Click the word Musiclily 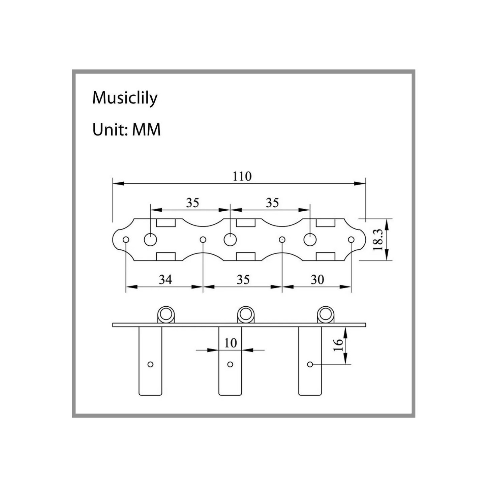click(x=125, y=98)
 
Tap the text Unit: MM click(x=126, y=130)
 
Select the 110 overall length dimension click(x=242, y=176)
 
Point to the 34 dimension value click(x=165, y=279)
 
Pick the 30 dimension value click(x=317, y=279)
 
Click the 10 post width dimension click(x=231, y=343)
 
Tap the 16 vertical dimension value click(x=339, y=345)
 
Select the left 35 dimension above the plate click(x=192, y=203)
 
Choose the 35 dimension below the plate click(x=243, y=279)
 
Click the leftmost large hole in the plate click(x=150, y=239)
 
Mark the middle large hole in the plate click(x=230, y=239)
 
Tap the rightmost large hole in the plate click(x=310, y=239)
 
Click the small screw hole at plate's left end click(x=126, y=239)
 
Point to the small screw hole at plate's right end click(x=351, y=239)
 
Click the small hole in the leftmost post click(x=150, y=364)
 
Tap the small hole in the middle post click(x=230, y=364)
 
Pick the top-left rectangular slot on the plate click(x=166, y=223)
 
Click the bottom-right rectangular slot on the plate click(x=326, y=256)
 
